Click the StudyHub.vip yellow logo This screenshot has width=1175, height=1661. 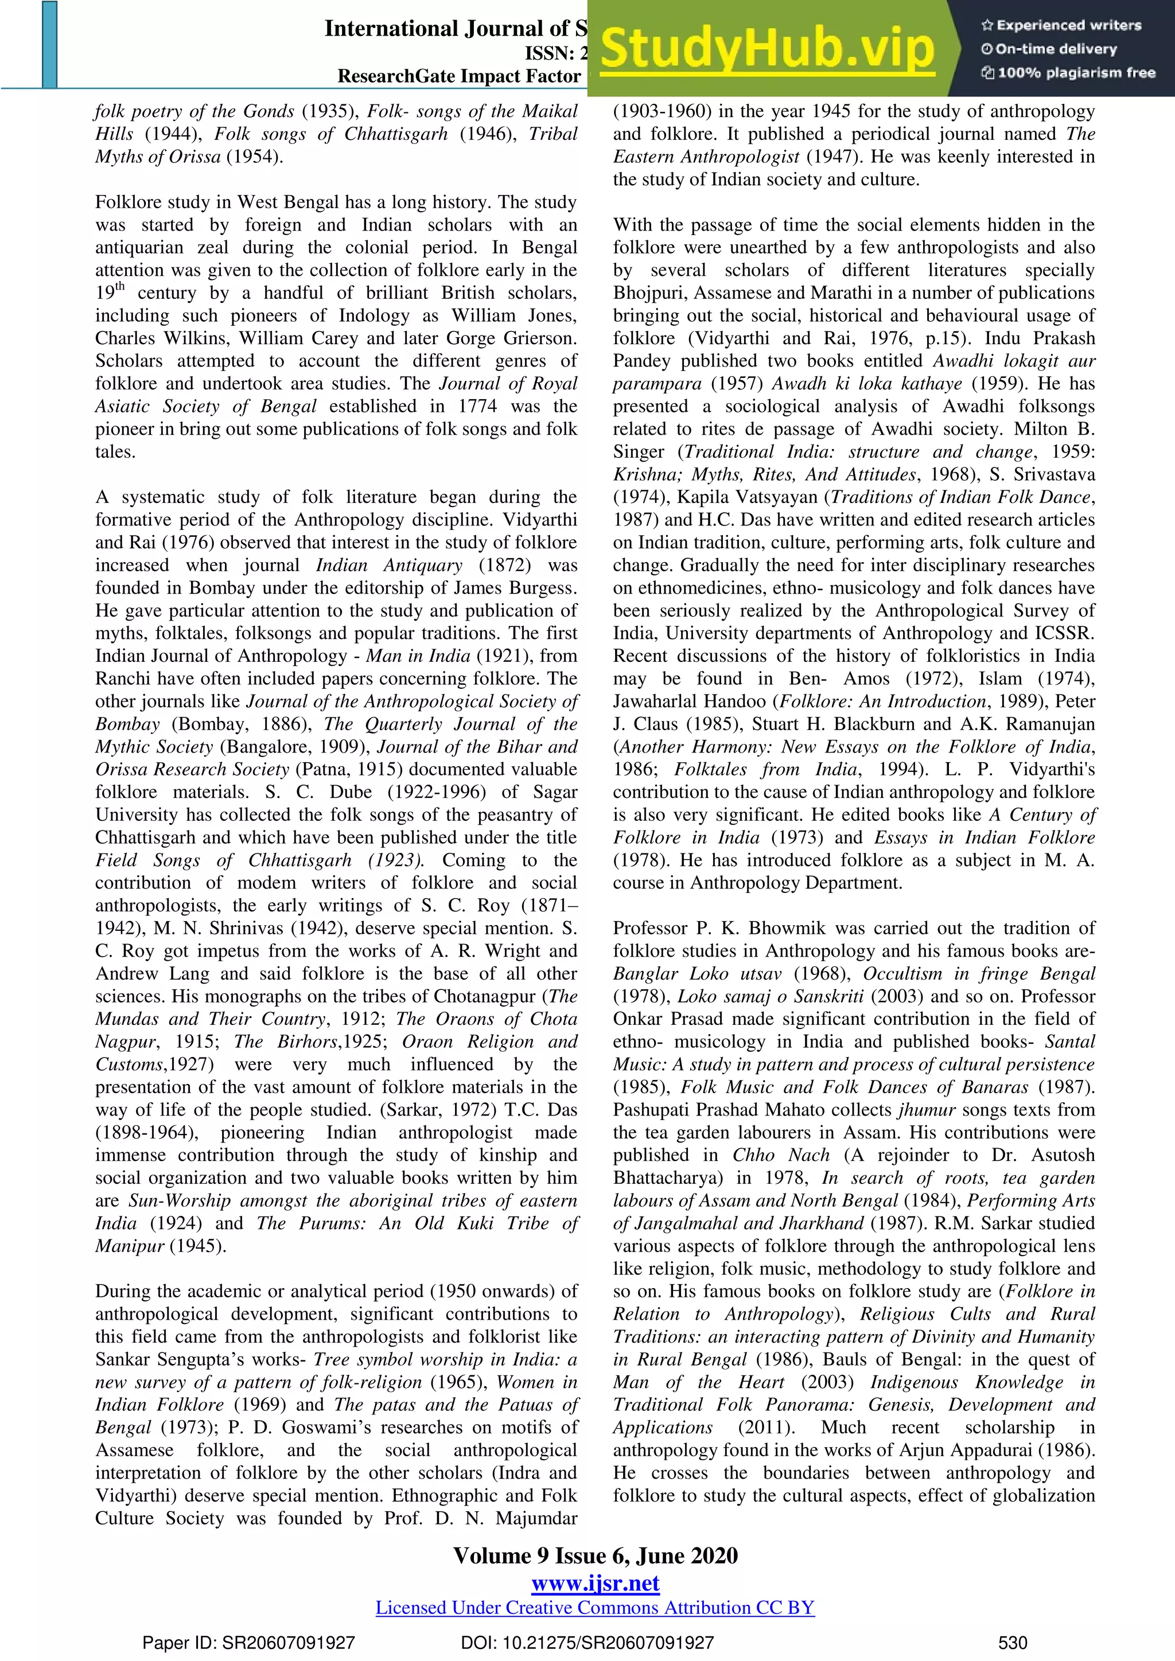[x=767, y=49]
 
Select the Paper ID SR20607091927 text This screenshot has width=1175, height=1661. [x=248, y=1642]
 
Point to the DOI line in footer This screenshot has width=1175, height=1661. [x=587, y=1642]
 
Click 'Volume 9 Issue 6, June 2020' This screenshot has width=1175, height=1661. [x=595, y=1555]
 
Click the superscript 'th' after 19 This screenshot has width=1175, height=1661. [x=120, y=286]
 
